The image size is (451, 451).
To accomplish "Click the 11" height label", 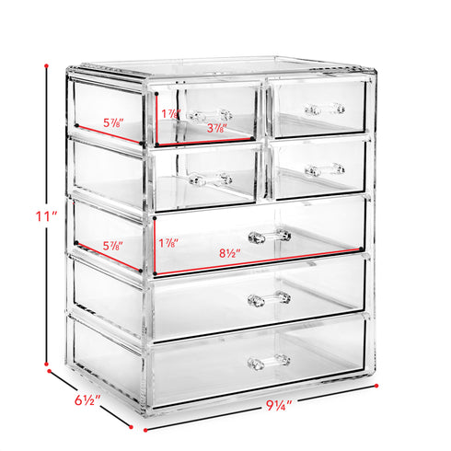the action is [47, 216].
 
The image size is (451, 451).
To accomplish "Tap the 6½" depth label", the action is [87, 400].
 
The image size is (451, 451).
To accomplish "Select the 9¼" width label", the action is [279, 406].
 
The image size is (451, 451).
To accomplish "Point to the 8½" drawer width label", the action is [230, 253].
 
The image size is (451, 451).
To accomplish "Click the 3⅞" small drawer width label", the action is [217, 128].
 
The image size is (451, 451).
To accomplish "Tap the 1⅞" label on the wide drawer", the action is [168, 243].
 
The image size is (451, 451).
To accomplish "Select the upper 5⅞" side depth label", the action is [113, 123].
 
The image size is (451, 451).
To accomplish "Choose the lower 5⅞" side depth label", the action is [113, 246].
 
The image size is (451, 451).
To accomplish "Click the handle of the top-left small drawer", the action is [209, 116].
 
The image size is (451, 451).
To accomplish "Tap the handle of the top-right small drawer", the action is [325, 110].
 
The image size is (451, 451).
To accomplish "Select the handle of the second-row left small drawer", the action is [211, 179].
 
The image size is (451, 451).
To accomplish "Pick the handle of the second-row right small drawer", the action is [325, 169].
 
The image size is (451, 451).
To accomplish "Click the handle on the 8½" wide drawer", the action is [270, 237].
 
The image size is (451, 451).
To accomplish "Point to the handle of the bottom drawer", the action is [269, 362].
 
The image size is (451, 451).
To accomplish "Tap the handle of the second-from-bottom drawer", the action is [270, 299].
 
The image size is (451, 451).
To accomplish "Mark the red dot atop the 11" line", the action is [46, 65].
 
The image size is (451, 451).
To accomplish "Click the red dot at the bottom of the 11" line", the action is [46, 364].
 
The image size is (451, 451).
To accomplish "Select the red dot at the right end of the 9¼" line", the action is [376, 386].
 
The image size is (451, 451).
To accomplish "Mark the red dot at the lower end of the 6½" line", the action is [131, 427].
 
